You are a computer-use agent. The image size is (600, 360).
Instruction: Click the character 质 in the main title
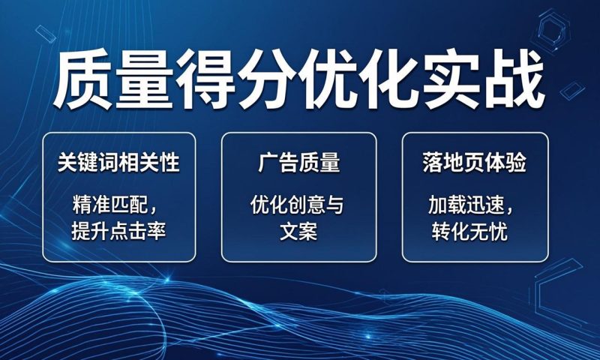pyautogui.click(x=83, y=79)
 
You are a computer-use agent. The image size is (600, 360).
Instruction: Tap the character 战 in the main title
pyautogui.click(x=514, y=79)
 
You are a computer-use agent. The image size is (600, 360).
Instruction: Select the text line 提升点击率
pyautogui.click(x=118, y=231)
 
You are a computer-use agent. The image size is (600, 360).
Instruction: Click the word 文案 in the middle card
pyautogui.click(x=298, y=231)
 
